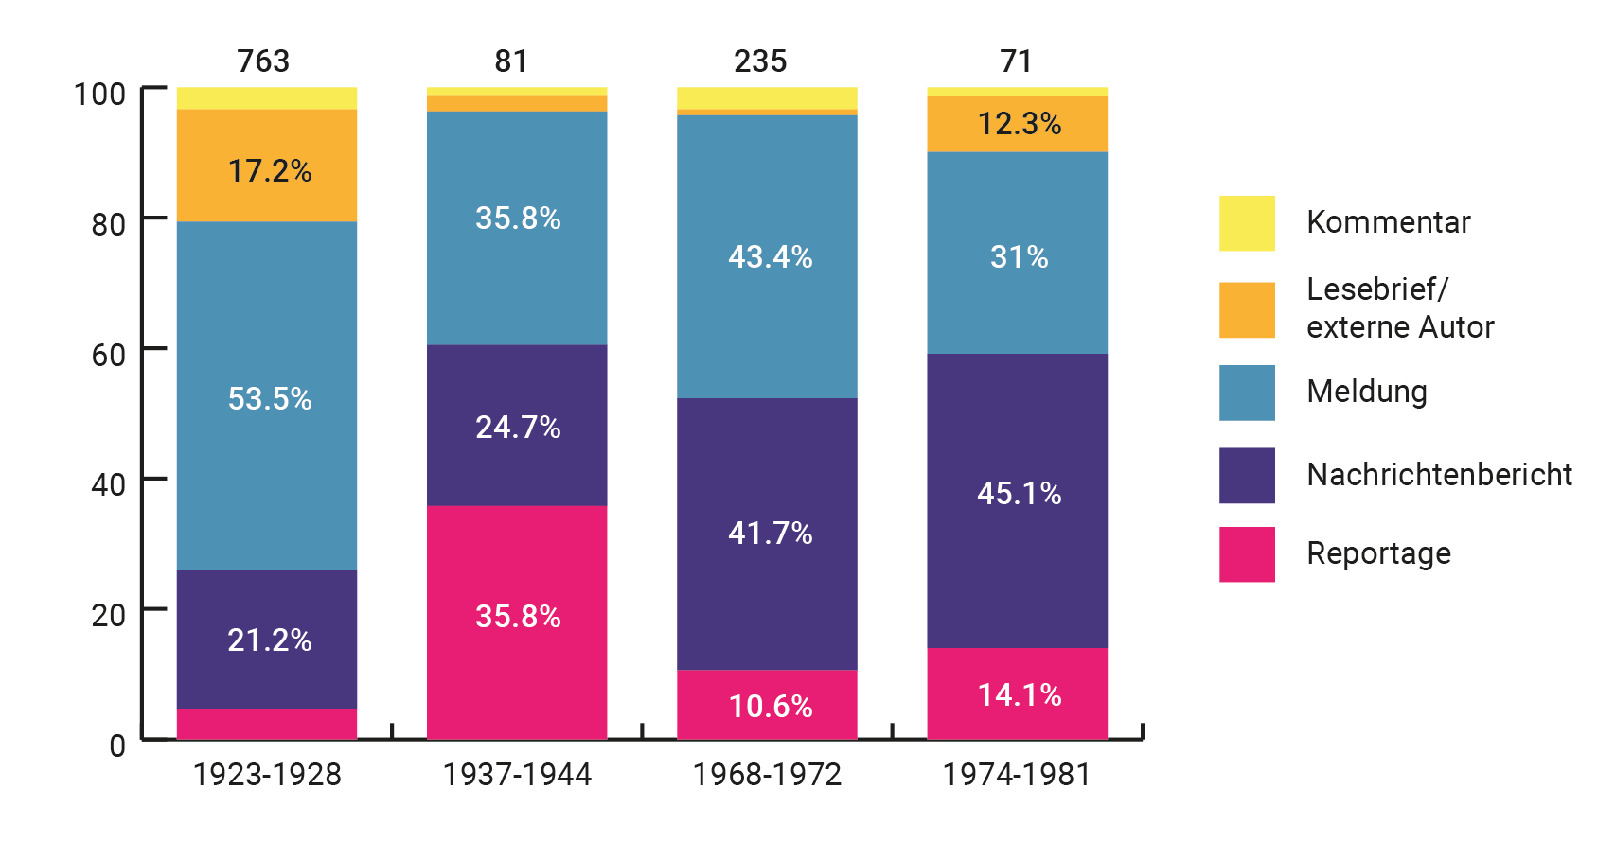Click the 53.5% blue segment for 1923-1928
click(267, 397)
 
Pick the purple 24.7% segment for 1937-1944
click(517, 426)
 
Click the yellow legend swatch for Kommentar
click(1247, 223)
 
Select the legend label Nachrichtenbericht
click(1439, 474)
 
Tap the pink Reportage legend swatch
click(1247, 554)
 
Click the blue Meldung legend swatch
click(1247, 393)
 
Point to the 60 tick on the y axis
click(108, 355)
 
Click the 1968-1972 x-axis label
click(767, 775)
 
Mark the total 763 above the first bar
click(263, 61)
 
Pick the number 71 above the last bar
click(1016, 61)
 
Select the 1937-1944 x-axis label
click(517, 775)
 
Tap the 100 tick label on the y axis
click(99, 94)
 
